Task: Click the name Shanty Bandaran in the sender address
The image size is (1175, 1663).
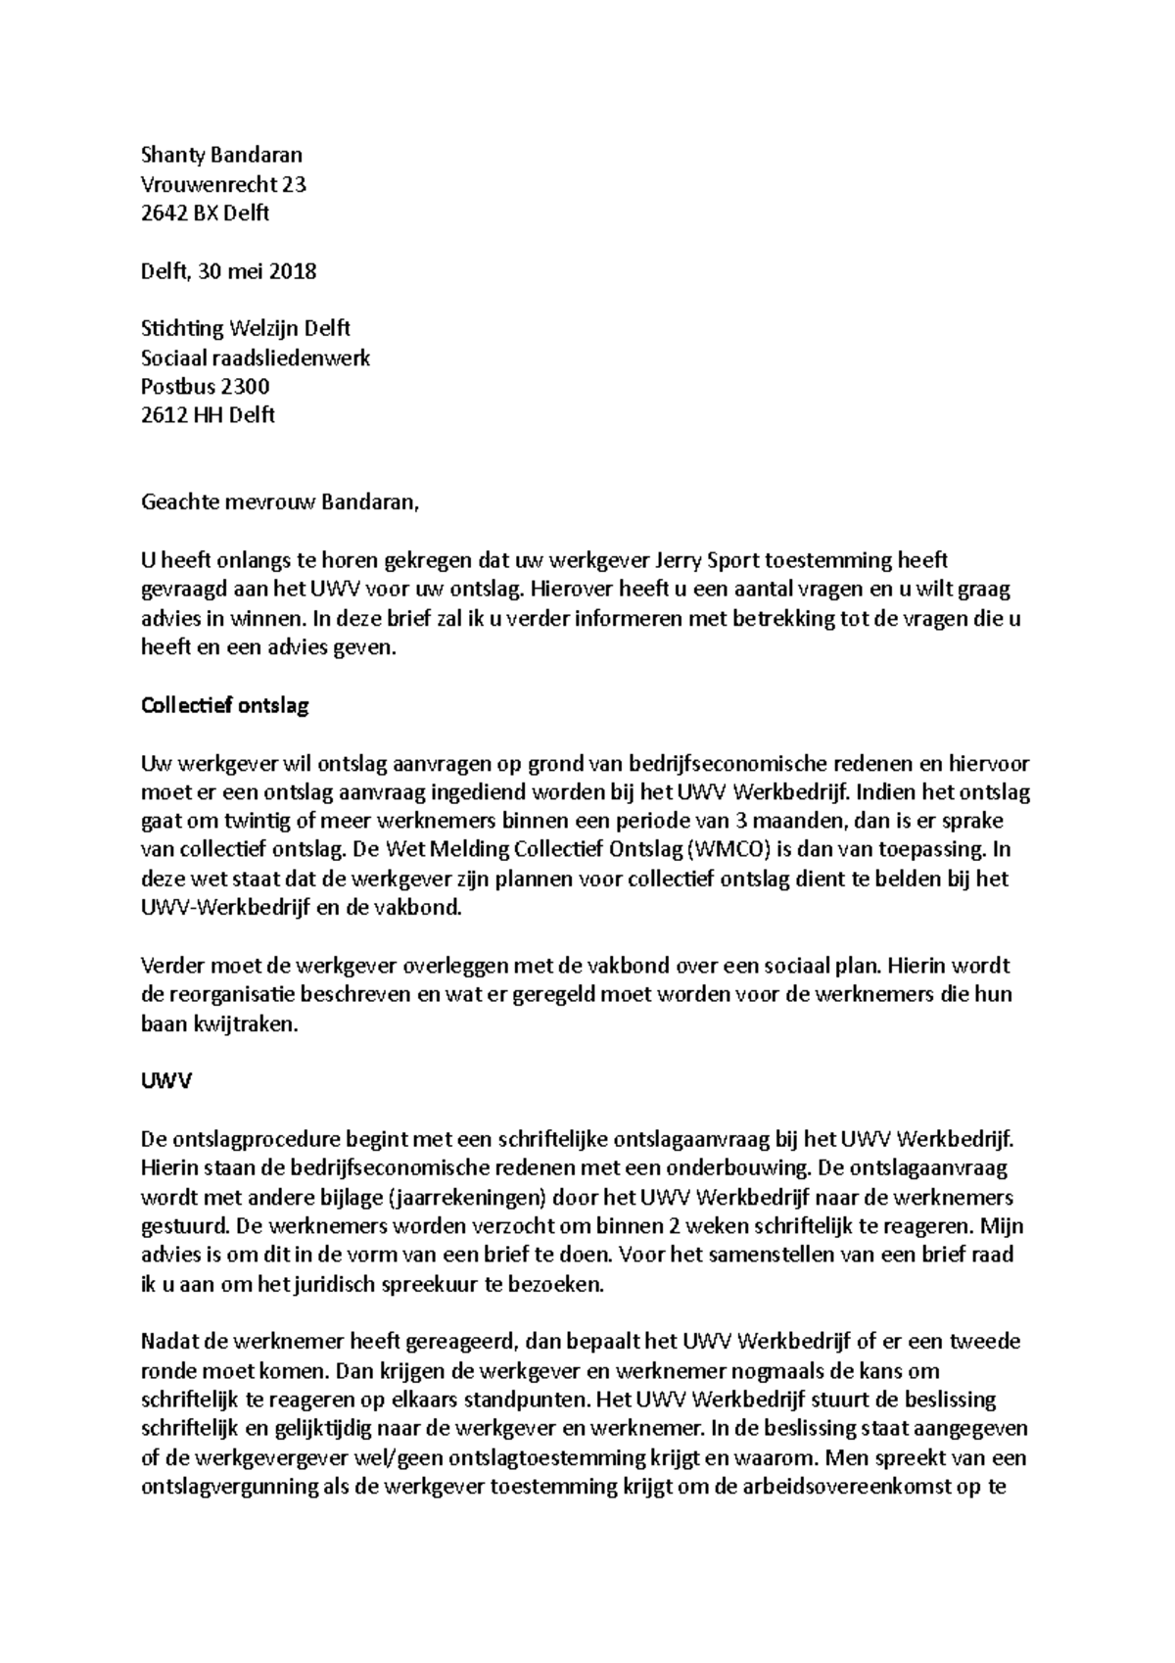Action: pyautogui.click(x=222, y=155)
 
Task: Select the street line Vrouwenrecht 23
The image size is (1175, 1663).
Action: pyautogui.click(x=224, y=184)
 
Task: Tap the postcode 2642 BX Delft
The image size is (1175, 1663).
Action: pyautogui.click(x=206, y=213)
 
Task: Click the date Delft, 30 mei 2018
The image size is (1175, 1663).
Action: pyautogui.click(x=229, y=271)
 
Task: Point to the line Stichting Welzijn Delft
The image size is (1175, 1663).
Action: pyautogui.click(x=246, y=328)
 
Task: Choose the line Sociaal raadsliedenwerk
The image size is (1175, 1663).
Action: pyautogui.click(x=256, y=357)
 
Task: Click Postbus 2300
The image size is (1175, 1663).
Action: pyautogui.click(x=206, y=386)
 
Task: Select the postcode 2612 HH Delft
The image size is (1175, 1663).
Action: pyautogui.click(x=209, y=415)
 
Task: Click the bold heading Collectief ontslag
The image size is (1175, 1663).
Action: pyautogui.click(x=225, y=705)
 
